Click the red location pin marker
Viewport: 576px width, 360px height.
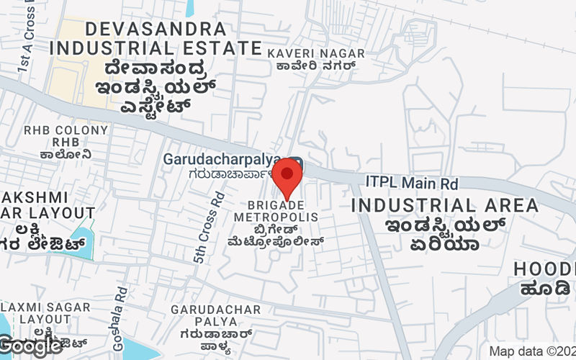288,176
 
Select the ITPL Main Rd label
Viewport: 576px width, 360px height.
412,184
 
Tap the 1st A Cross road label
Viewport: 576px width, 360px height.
24,43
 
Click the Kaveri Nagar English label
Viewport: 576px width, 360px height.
312,53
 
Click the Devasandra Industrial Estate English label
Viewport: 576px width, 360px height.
157,39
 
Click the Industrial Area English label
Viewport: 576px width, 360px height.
444,205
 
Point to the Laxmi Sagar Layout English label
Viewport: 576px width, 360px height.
45,312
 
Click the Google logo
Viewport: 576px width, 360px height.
30,346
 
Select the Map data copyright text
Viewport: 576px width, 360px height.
532,351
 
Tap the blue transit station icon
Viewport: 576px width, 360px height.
297,164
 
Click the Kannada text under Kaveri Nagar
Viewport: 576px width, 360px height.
312,67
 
